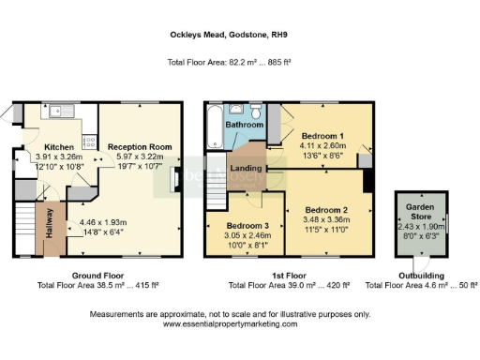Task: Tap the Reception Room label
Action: tap(137, 147)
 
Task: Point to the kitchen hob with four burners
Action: tap(89, 142)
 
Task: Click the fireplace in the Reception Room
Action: tap(172, 180)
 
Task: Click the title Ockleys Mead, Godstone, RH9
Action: tap(239, 31)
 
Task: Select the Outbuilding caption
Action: tap(421, 276)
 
